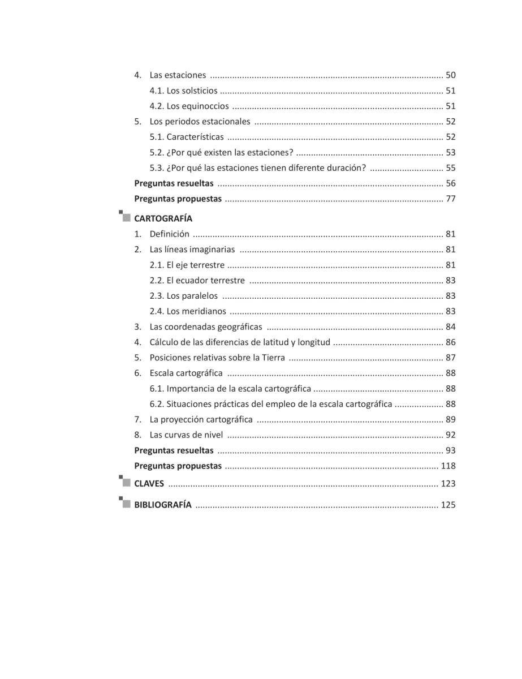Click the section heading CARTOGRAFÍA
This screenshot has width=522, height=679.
[x=163, y=218]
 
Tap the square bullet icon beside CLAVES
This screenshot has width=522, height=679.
[x=125, y=483]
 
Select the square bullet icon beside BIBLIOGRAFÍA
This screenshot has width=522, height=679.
[x=125, y=504]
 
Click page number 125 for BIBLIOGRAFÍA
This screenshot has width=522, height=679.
[x=448, y=505]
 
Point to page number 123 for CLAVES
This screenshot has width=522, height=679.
[x=448, y=484]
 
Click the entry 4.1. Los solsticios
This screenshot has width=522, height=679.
[x=183, y=91]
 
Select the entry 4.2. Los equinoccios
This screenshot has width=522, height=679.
[x=189, y=106]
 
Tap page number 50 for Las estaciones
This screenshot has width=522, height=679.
[x=451, y=75]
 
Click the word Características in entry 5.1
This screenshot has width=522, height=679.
[x=195, y=137]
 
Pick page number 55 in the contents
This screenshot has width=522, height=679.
[x=451, y=168]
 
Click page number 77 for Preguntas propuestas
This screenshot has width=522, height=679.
[x=451, y=199]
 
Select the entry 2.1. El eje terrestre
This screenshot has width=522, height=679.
[x=187, y=265]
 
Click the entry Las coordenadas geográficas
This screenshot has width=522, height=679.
[x=205, y=326]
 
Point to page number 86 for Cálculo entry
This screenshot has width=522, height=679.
[x=451, y=342]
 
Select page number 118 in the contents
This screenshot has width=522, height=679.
[x=448, y=466]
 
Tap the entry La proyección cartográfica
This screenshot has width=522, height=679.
[x=201, y=420]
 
